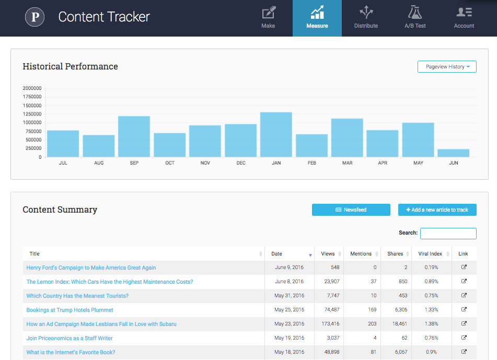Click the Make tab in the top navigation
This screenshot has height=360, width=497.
(x=268, y=18)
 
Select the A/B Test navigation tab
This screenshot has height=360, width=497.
(x=415, y=18)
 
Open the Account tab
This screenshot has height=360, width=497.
(x=464, y=18)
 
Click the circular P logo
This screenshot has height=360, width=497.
(x=36, y=17)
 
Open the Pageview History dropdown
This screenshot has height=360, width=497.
(x=447, y=67)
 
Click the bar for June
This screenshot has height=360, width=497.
(x=453, y=153)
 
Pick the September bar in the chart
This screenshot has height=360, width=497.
(x=134, y=136)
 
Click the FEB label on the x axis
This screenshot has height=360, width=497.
(x=311, y=163)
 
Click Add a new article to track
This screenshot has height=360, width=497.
(x=437, y=210)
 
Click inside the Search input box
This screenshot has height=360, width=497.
(x=448, y=233)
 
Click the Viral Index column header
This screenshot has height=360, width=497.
(x=431, y=254)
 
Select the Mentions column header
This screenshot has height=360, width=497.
(x=361, y=254)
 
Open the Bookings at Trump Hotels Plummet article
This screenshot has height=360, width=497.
(x=70, y=310)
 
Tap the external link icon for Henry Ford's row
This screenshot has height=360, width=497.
(x=464, y=267)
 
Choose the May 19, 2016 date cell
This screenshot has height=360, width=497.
(x=289, y=338)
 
